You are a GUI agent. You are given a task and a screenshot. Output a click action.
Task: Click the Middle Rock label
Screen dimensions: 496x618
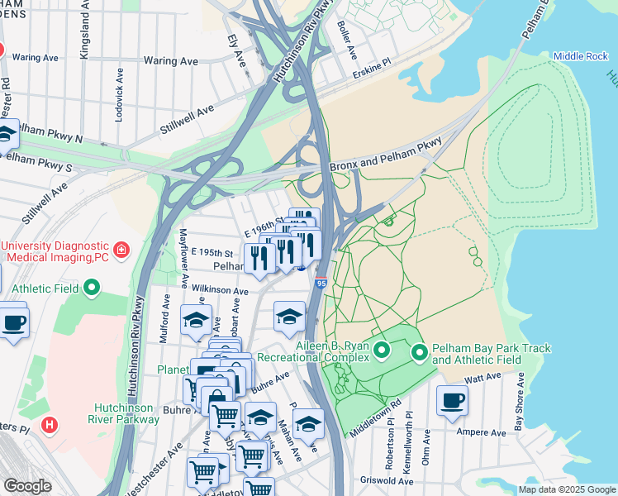581,56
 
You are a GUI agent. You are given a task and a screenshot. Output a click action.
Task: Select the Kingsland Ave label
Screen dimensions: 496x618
84,35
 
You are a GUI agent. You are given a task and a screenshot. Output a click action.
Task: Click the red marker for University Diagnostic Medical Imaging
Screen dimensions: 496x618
121,249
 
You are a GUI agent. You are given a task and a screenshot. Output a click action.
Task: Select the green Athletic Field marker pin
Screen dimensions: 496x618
92,289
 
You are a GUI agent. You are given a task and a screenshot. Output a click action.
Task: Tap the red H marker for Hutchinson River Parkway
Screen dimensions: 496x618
50,425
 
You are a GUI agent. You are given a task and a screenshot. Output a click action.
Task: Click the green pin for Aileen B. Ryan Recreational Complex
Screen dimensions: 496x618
381,351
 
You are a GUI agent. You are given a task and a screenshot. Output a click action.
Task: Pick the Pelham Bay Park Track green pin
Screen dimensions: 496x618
420,354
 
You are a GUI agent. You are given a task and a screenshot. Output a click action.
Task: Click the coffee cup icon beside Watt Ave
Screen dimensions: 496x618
452,401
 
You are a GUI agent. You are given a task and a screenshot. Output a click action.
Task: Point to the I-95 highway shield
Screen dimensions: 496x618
321,282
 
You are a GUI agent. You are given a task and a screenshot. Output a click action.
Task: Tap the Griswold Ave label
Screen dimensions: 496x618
385,479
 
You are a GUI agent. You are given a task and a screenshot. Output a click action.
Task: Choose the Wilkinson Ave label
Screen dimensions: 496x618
220,291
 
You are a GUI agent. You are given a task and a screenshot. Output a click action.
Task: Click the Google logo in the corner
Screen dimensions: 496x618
27,485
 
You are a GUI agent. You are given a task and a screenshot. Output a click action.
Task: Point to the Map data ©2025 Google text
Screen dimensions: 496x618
566,489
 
